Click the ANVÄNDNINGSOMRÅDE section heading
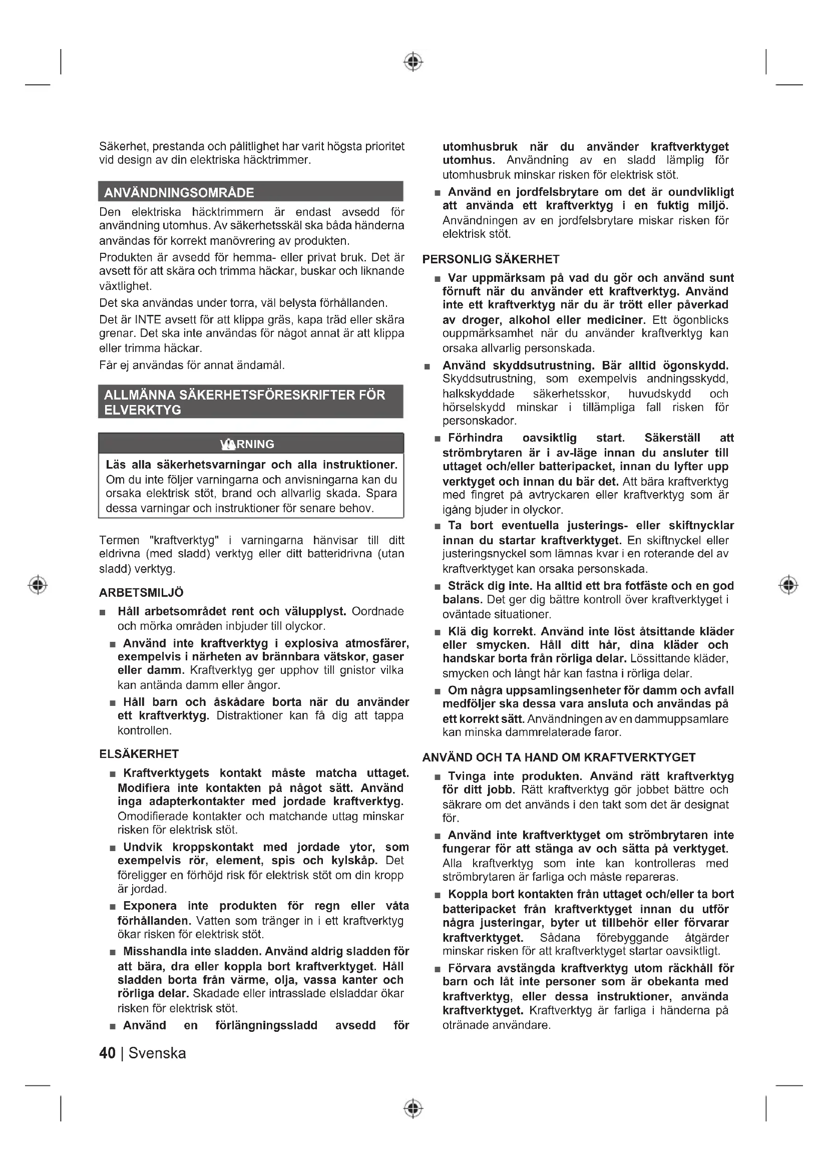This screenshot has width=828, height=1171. tap(179, 193)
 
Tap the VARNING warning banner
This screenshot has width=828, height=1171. tap(250, 444)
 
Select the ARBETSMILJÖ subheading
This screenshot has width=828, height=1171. tap(141, 593)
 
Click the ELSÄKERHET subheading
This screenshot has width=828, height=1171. tap(139, 754)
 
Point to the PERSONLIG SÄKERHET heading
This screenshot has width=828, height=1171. tap(491, 259)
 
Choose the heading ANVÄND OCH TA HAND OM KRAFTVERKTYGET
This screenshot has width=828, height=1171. tap(559, 757)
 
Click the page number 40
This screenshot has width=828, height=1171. tap(108, 1053)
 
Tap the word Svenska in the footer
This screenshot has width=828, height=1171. tap(157, 1053)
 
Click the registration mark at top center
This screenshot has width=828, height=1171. tap(413, 62)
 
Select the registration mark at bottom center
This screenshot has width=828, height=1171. tap(413, 1108)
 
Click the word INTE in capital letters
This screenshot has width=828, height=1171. tap(148, 320)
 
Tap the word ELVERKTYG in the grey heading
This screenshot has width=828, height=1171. tap(142, 410)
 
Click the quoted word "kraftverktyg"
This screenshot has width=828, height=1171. tap(184, 540)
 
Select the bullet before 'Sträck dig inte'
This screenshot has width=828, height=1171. tap(438, 587)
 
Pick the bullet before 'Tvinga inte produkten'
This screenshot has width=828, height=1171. tap(438, 777)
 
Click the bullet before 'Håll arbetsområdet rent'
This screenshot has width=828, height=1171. tap(103, 612)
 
